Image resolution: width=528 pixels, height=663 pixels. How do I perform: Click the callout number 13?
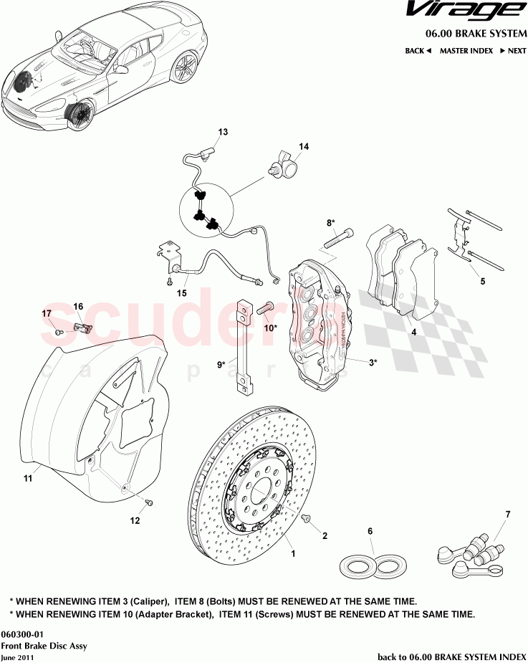point(223,132)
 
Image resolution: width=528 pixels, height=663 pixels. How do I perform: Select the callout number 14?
point(304,146)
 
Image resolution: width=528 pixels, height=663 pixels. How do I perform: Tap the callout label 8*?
point(331,223)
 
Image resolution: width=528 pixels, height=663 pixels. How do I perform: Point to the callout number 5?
point(482,282)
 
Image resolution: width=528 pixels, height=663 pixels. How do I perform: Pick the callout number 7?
point(507,515)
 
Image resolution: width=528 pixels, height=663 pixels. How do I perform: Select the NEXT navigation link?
point(513,51)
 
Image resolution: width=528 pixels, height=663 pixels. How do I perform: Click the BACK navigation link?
point(418,51)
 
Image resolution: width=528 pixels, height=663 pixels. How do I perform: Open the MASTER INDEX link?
point(466,51)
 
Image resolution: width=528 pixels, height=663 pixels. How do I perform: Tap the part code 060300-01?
point(22,634)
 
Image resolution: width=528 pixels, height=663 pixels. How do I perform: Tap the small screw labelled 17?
point(59,332)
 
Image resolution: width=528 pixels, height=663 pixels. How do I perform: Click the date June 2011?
point(16,657)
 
